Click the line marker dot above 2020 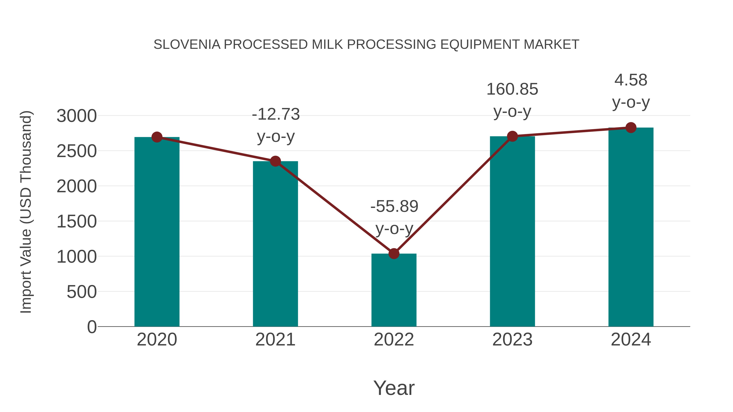[157, 137]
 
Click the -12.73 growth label [276, 114]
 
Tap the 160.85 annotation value [512, 89]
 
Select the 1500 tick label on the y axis [77, 222]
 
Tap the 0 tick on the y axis [92, 327]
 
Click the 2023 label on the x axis [512, 340]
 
